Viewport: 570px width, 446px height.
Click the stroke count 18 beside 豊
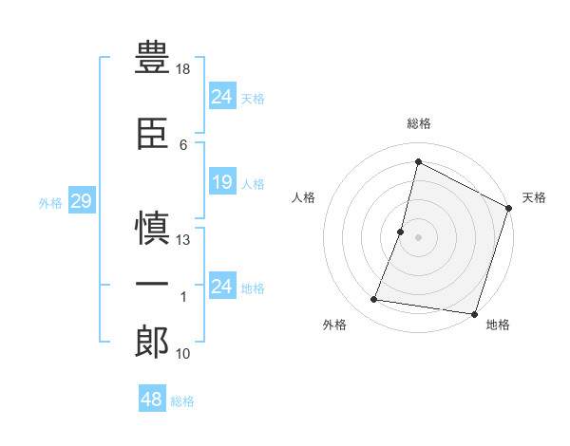183,69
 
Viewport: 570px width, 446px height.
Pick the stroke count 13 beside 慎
183,240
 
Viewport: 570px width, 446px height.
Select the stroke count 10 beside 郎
183,354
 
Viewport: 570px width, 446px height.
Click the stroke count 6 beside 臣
182,145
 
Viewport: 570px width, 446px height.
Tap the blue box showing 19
221,182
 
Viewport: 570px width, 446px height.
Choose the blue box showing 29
80,201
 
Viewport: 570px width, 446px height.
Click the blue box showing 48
151,400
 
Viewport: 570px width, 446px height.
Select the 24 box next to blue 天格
221,96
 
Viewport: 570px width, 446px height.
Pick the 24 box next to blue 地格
221,286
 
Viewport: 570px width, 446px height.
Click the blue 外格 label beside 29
49,202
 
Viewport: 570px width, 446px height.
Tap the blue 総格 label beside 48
182,401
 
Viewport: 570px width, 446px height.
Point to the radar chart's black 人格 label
304,197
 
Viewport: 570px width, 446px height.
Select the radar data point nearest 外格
374,300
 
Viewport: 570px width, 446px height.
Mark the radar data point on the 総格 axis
418,161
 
